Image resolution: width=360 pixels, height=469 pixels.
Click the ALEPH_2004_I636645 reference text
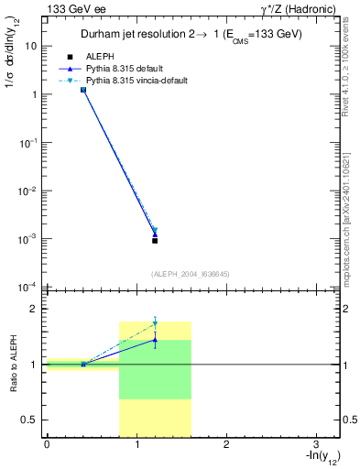190,274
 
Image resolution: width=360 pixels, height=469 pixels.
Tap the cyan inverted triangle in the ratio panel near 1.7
155,323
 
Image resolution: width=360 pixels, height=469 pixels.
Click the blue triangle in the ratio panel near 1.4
155,339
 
